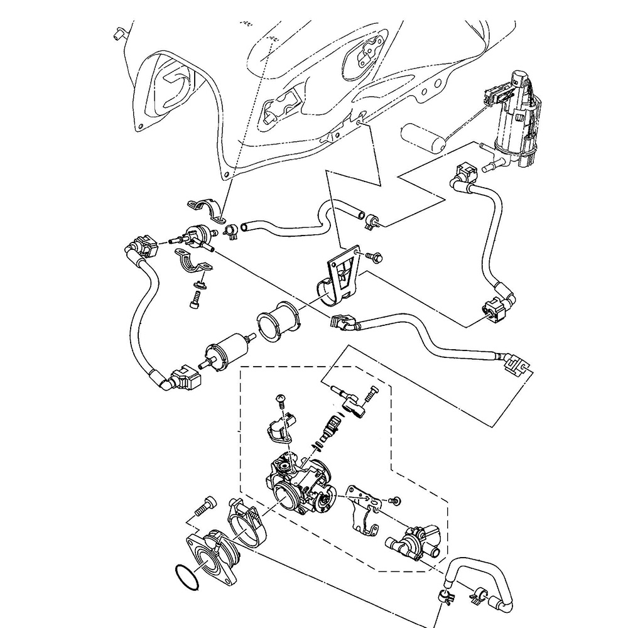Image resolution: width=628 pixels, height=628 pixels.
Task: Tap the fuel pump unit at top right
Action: pos(518,119)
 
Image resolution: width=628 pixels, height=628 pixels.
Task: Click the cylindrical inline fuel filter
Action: pos(227,345)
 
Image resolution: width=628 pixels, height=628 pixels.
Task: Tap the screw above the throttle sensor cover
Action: pos(281,399)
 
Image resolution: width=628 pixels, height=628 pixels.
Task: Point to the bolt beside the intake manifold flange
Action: pos(203,505)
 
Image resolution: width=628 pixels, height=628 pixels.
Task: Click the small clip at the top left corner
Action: pos(117,33)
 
